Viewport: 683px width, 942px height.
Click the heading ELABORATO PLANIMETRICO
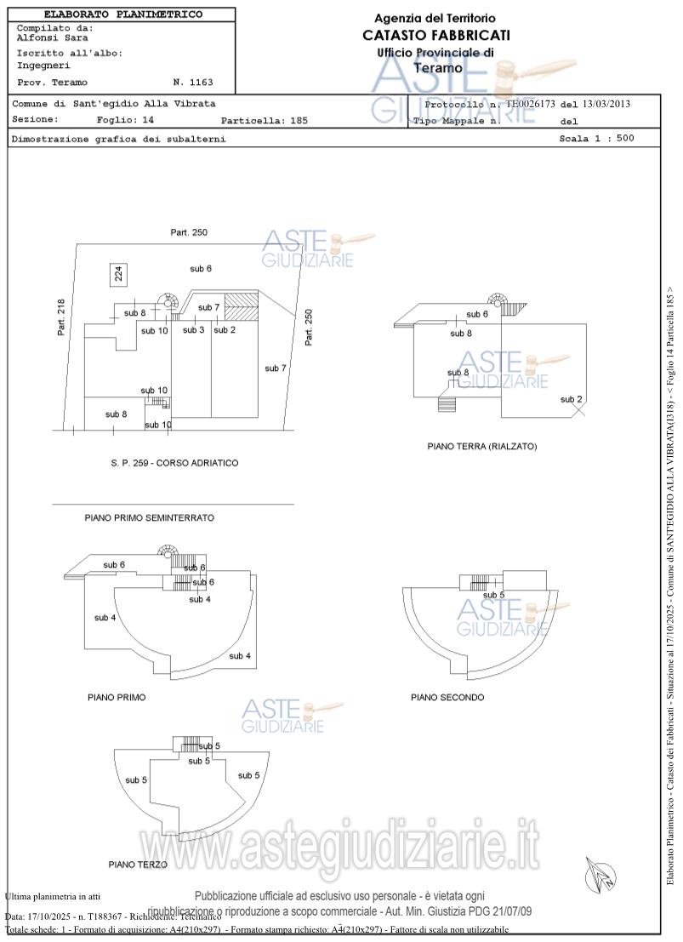click(122, 14)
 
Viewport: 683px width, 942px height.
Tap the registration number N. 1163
click(192, 83)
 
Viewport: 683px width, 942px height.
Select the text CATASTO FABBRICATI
click(435, 35)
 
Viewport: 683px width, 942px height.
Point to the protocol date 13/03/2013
click(606, 104)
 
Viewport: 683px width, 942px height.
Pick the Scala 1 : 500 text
click(596, 138)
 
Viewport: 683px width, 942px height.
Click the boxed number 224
click(119, 273)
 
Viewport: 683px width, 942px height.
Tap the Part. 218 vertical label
click(61, 317)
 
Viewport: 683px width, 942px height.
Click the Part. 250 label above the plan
click(189, 232)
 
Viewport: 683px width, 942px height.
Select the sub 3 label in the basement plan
click(194, 329)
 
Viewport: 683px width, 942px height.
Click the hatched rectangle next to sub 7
click(246, 300)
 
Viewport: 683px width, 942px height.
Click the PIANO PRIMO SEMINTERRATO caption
click(149, 517)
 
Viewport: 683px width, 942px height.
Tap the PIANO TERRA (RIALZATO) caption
click(481, 446)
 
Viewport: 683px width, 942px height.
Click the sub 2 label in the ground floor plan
click(571, 399)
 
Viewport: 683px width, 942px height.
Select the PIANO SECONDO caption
click(447, 698)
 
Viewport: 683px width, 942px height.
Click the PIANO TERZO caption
click(138, 865)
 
